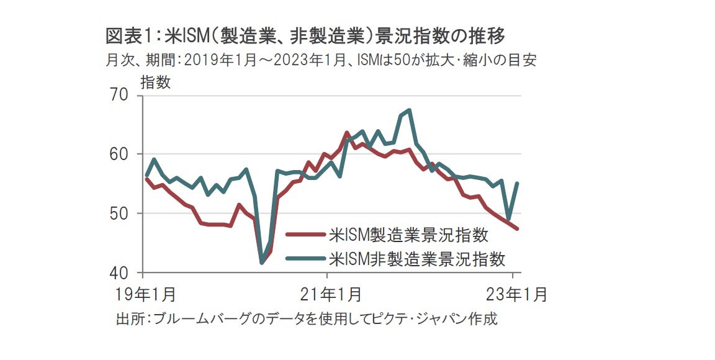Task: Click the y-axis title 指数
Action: (156, 82)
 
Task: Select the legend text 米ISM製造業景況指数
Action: (409, 235)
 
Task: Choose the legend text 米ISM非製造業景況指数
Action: (417, 258)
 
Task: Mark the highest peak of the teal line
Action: (409, 110)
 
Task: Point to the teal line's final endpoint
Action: (518, 183)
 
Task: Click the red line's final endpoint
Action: (518, 228)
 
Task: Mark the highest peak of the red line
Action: (347, 133)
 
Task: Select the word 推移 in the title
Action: (490, 37)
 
